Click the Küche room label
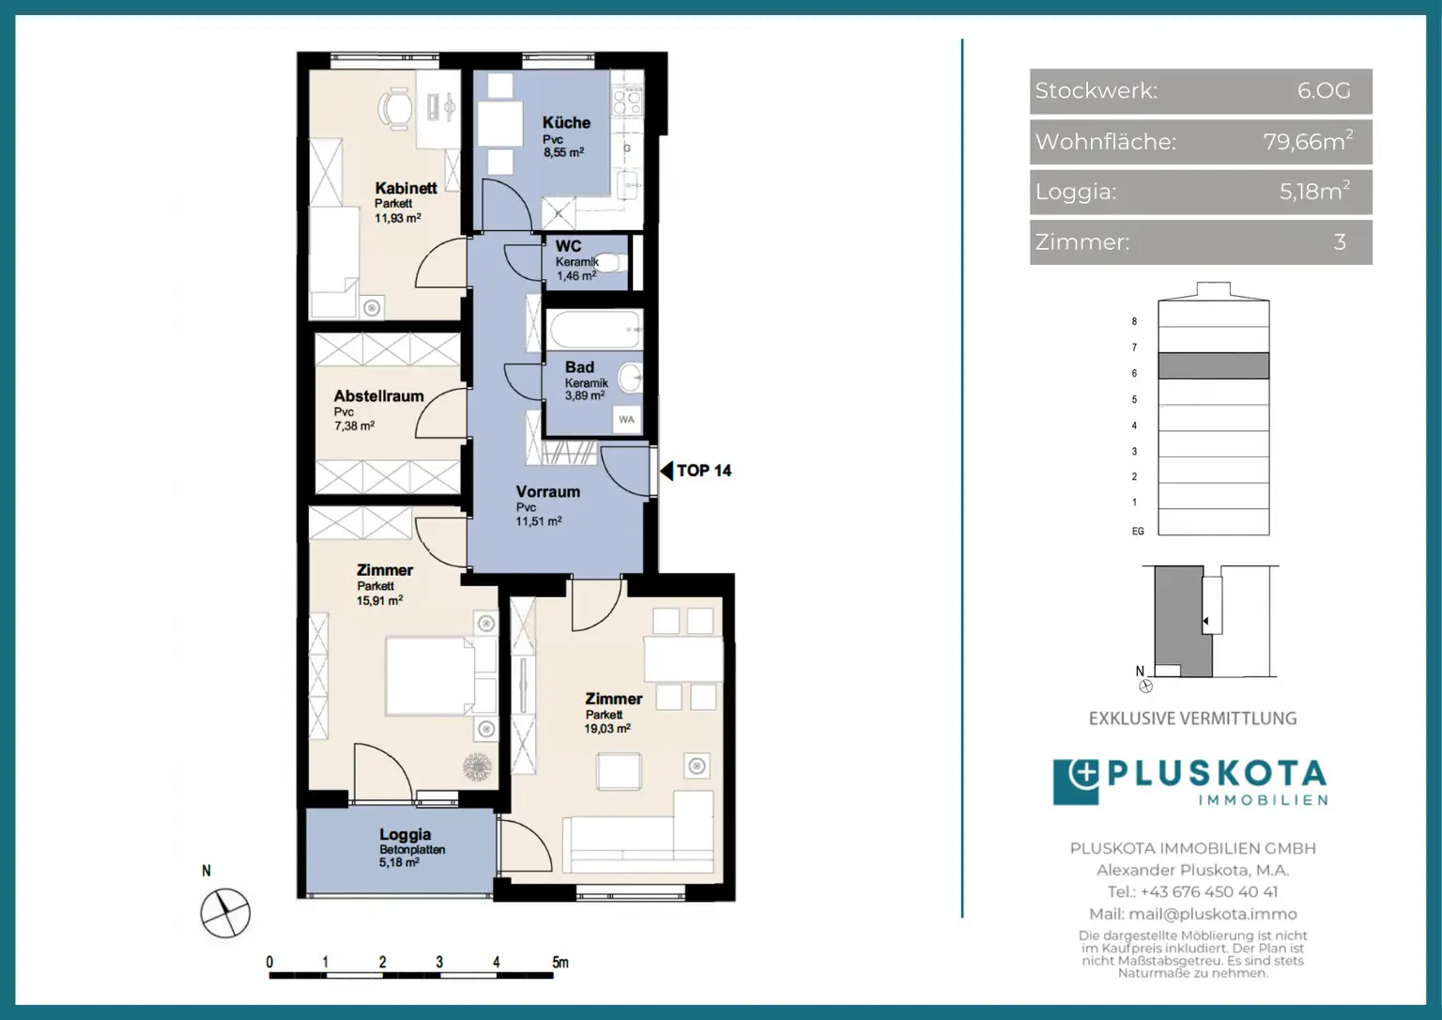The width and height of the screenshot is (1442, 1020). pyautogui.click(x=566, y=122)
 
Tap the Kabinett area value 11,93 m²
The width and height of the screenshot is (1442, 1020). pyautogui.click(x=398, y=218)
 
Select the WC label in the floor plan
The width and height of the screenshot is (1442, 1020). pyautogui.click(x=568, y=246)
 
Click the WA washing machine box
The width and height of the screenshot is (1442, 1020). pyautogui.click(x=626, y=420)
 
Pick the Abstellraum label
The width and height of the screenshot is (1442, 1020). pyautogui.click(x=378, y=396)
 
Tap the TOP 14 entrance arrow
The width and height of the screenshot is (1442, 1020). pyautogui.click(x=667, y=471)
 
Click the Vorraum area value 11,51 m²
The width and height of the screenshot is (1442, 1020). pyautogui.click(x=538, y=521)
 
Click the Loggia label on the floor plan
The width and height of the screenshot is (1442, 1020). pyautogui.click(x=405, y=835)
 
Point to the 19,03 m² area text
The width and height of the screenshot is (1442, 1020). pyautogui.click(x=607, y=729)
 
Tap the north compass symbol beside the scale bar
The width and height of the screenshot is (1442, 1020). pyautogui.click(x=225, y=913)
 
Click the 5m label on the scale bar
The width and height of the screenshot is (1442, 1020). pyautogui.click(x=560, y=963)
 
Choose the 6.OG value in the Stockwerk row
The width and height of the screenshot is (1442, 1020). pyautogui.click(x=1324, y=91)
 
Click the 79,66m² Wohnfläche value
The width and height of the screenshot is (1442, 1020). pyautogui.click(x=1308, y=141)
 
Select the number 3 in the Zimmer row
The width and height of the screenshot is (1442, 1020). pyautogui.click(x=1340, y=242)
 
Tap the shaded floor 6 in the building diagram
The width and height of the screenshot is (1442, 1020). pyautogui.click(x=1214, y=365)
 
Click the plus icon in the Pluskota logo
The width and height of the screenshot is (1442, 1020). pyautogui.click(x=1084, y=773)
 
